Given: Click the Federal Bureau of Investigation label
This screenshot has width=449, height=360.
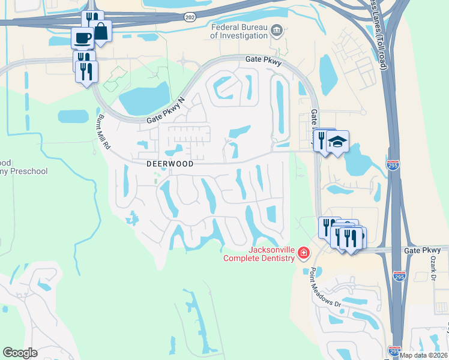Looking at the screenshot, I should click(238, 31).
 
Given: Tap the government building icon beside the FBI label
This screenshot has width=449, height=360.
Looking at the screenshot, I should click(277, 31).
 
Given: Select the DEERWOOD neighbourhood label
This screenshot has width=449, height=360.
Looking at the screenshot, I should click(170, 164).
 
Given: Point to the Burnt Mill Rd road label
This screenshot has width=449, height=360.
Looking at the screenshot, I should click(105, 132).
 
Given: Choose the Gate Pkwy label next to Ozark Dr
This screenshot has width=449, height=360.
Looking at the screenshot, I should click(422, 250).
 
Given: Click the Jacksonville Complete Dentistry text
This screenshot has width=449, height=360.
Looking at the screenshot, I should click(259, 254).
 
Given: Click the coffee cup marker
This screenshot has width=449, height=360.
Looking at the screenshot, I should click(82, 38).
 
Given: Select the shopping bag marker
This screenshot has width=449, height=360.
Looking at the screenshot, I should click(101, 31).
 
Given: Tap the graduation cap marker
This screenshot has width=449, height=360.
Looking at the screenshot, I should click(338, 142).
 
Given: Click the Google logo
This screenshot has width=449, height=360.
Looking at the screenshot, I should click(20, 353).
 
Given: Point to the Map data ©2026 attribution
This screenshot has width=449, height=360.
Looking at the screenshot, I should click(423, 355).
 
